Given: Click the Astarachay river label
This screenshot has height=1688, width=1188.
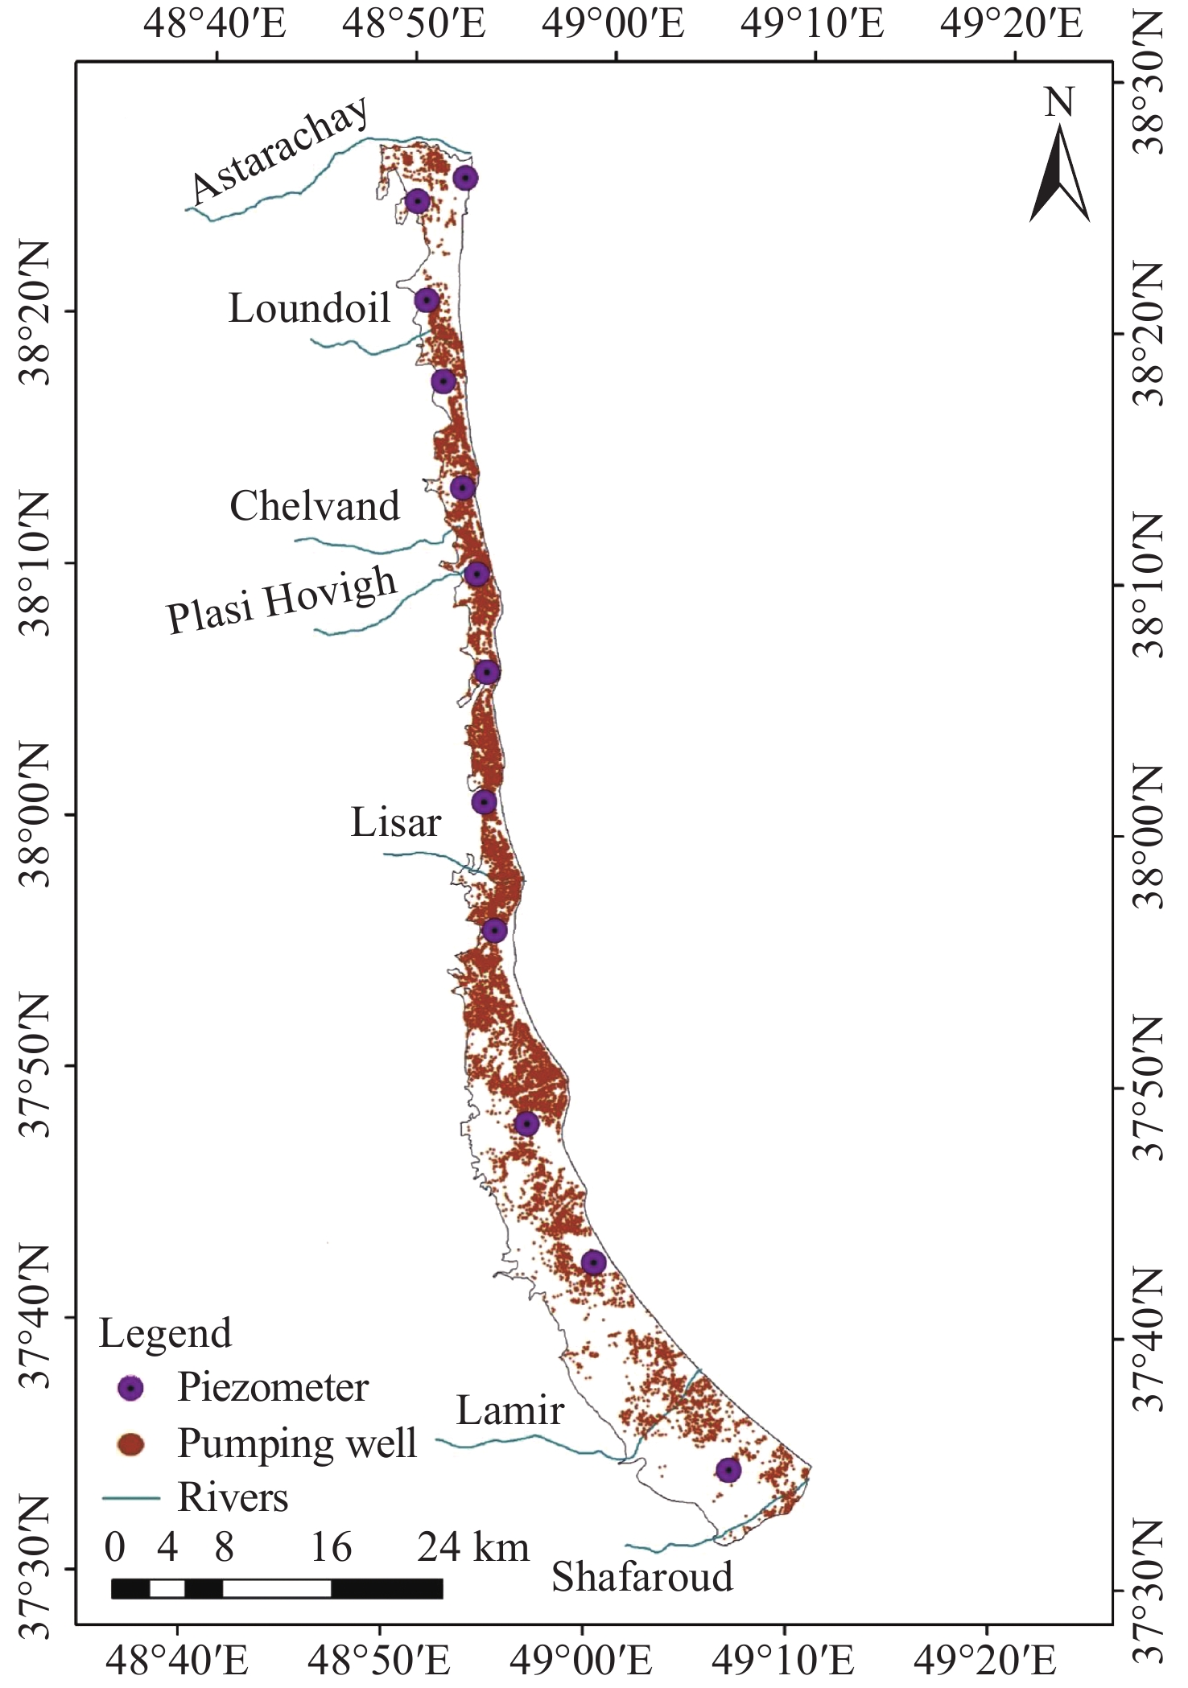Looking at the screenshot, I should (280, 150).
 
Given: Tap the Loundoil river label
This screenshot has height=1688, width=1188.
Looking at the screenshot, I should (309, 308).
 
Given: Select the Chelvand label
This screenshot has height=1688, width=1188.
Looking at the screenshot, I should (315, 506).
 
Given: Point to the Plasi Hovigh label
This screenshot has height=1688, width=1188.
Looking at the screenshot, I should (282, 599).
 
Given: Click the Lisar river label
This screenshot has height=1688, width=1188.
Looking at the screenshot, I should (396, 822).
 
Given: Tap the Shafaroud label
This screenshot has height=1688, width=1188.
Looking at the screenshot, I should (642, 1576).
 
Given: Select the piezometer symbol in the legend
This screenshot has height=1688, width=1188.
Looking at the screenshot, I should (130, 1388).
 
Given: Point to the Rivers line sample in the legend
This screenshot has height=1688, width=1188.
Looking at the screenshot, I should (130, 1497).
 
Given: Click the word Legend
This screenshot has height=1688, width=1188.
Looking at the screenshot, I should (165, 1333).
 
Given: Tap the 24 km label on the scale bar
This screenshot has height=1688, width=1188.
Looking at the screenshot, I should (472, 1547).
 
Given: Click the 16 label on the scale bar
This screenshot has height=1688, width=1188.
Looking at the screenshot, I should (331, 1547).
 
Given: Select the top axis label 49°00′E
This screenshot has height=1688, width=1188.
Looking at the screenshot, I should (613, 24).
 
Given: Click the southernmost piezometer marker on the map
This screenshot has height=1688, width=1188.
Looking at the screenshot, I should (728, 1470).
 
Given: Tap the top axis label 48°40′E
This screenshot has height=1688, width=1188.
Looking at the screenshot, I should (215, 24).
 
